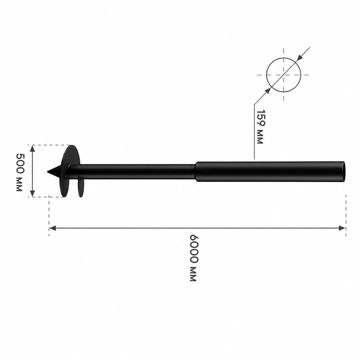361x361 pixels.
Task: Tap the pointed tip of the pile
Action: pyautogui.click(x=48, y=171)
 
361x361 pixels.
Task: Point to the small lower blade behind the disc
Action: pyautogui.click(x=81, y=186)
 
